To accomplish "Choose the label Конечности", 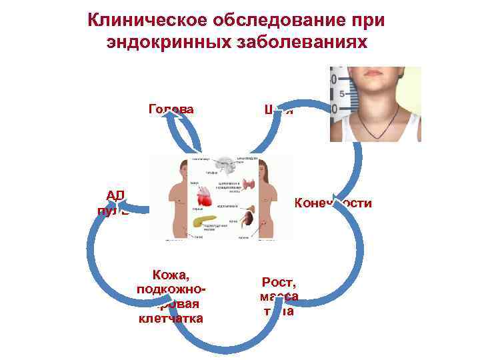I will tap(333, 203).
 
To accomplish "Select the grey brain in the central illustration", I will tap(221, 165).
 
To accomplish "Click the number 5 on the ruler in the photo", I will tap(341, 95).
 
